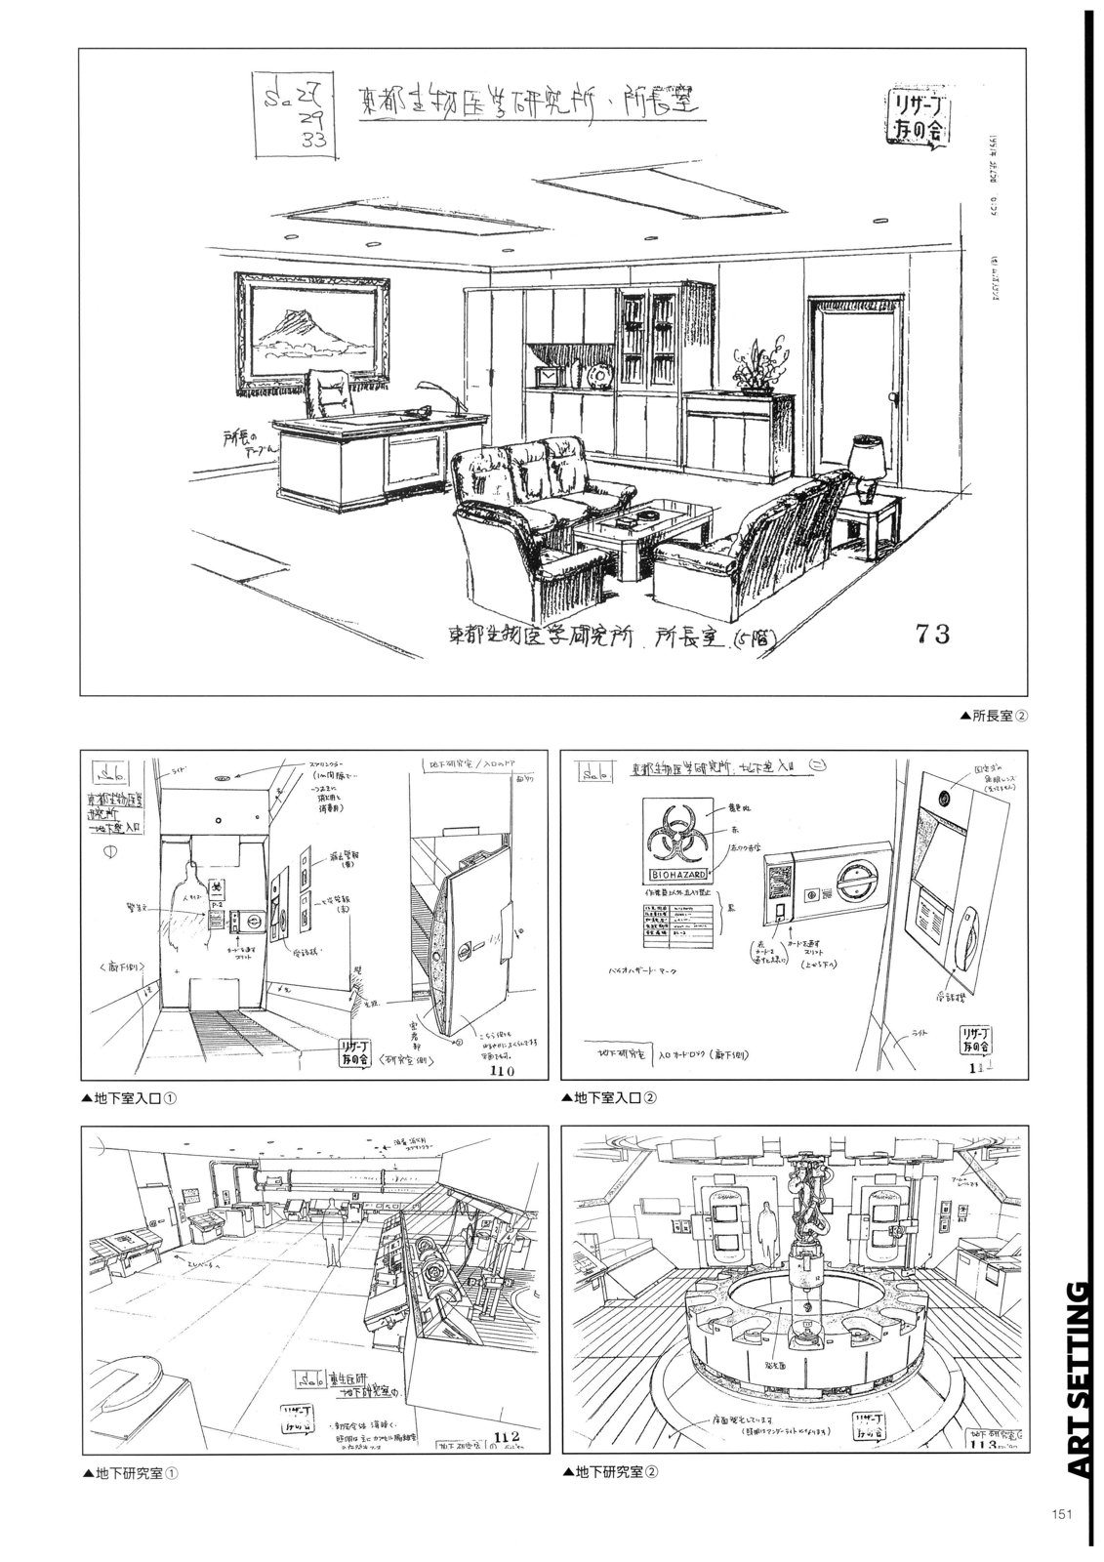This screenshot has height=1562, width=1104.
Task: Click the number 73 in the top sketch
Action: (x=932, y=635)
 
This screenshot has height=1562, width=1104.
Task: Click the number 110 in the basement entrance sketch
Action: (x=508, y=1072)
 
